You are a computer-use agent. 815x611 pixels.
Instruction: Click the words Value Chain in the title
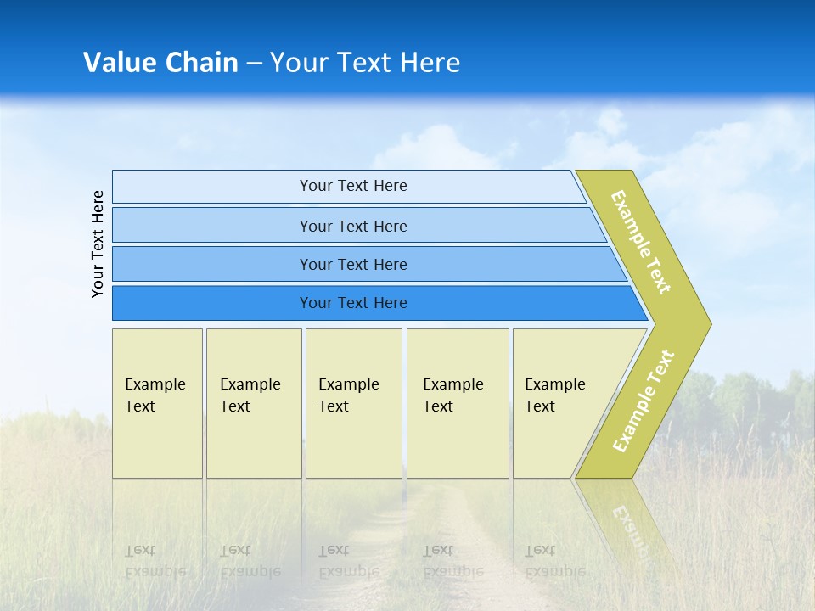[x=160, y=63]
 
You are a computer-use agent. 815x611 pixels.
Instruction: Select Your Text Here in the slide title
[x=365, y=63]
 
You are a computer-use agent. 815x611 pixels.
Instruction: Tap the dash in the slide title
[x=254, y=64]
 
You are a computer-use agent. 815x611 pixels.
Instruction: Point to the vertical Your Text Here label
[x=98, y=244]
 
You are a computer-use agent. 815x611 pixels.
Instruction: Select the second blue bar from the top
[x=352, y=226]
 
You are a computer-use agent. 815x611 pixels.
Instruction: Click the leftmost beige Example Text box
[x=157, y=403]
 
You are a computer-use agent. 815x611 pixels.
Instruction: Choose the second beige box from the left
[x=254, y=403]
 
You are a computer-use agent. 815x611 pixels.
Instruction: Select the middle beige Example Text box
[x=353, y=403]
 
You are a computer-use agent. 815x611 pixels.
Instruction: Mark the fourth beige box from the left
[x=458, y=403]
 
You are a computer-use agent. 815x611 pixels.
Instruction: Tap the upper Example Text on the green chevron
[x=641, y=242]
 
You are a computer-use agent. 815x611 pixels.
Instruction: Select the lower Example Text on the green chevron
[x=643, y=401]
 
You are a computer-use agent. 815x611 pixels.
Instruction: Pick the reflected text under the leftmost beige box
[x=155, y=561]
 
